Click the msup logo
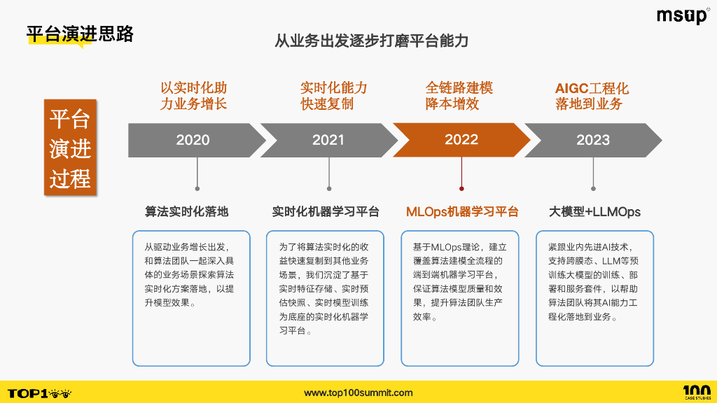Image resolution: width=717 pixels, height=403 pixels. coord(682,16)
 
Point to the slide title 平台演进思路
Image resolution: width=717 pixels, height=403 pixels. coord(80,34)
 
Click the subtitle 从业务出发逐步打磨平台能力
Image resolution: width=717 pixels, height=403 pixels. coord(371,41)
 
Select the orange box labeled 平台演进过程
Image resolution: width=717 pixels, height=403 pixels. coord(70,148)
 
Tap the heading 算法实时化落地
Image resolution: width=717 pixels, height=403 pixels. coord(187,211)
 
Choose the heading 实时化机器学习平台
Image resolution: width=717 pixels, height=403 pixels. coord(326,211)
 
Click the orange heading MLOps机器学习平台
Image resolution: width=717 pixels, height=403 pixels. coord(462,211)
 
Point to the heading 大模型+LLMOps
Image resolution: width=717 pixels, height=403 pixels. coord(594,211)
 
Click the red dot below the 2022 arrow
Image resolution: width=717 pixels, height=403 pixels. coord(461,188)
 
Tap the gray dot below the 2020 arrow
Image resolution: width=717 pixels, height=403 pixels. coord(197,188)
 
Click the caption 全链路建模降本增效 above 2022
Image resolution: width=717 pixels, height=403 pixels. coord(459,97)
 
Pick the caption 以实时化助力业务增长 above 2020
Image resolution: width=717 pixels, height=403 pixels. coord(193,97)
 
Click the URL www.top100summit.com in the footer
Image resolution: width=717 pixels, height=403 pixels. coord(358,393)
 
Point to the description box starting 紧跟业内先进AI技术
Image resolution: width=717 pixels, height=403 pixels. coord(594,298)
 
